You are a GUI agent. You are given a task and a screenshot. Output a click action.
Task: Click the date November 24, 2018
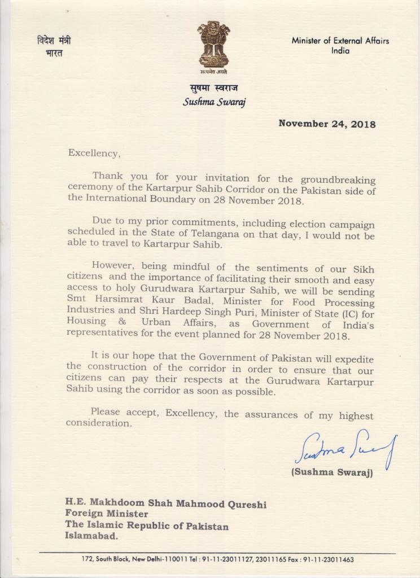click(327, 124)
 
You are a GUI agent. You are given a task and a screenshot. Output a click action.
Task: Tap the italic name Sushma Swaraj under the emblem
click(214, 102)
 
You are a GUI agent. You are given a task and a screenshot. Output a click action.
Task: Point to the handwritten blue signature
click(345, 448)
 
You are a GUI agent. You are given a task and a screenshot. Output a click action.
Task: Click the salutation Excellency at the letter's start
click(94, 152)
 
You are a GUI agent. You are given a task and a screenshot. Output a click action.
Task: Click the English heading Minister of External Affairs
click(340, 41)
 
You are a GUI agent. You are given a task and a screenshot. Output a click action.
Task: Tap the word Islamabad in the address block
click(91, 537)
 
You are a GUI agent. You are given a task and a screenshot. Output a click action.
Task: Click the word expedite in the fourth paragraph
click(353, 359)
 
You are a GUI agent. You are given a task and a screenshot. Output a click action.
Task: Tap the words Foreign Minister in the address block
click(107, 514)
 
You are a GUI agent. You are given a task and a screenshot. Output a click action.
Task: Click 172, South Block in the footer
click(106, 559)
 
